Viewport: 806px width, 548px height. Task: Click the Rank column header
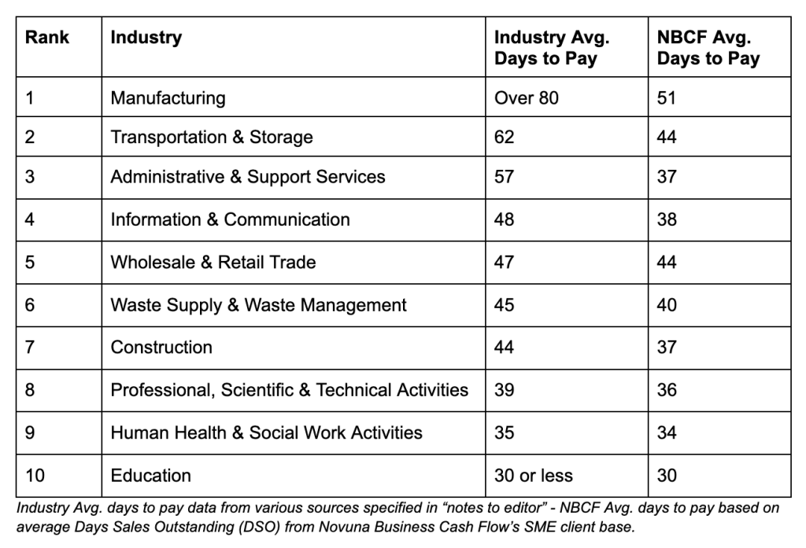(46, 38)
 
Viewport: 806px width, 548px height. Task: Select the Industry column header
(146, 38)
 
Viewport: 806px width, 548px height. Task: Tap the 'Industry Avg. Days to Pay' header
(552, 48)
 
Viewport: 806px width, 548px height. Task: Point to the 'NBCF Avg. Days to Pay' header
(708, 48)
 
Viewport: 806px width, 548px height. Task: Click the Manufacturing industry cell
(168, 98)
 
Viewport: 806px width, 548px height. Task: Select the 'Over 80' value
(527, 97)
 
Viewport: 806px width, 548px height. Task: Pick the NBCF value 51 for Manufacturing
(666, 97)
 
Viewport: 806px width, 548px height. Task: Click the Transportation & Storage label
(212, 137)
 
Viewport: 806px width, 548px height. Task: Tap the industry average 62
(505, 137)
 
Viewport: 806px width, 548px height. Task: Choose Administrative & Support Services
(248, 177)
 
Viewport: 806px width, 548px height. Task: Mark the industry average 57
(505, 177)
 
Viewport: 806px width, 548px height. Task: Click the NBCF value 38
(667, 219)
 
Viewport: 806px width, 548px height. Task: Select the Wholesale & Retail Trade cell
(213, 262)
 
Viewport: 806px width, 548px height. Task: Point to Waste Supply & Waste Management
(258, 305)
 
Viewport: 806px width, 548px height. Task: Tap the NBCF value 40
(667, 304)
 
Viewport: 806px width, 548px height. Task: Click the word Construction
(161, 348)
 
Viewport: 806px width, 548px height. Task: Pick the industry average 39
(505, 390)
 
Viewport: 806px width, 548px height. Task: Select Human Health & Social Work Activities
(266, 432)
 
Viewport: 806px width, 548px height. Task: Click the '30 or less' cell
(534, 475)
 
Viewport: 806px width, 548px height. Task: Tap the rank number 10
(35, 475)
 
